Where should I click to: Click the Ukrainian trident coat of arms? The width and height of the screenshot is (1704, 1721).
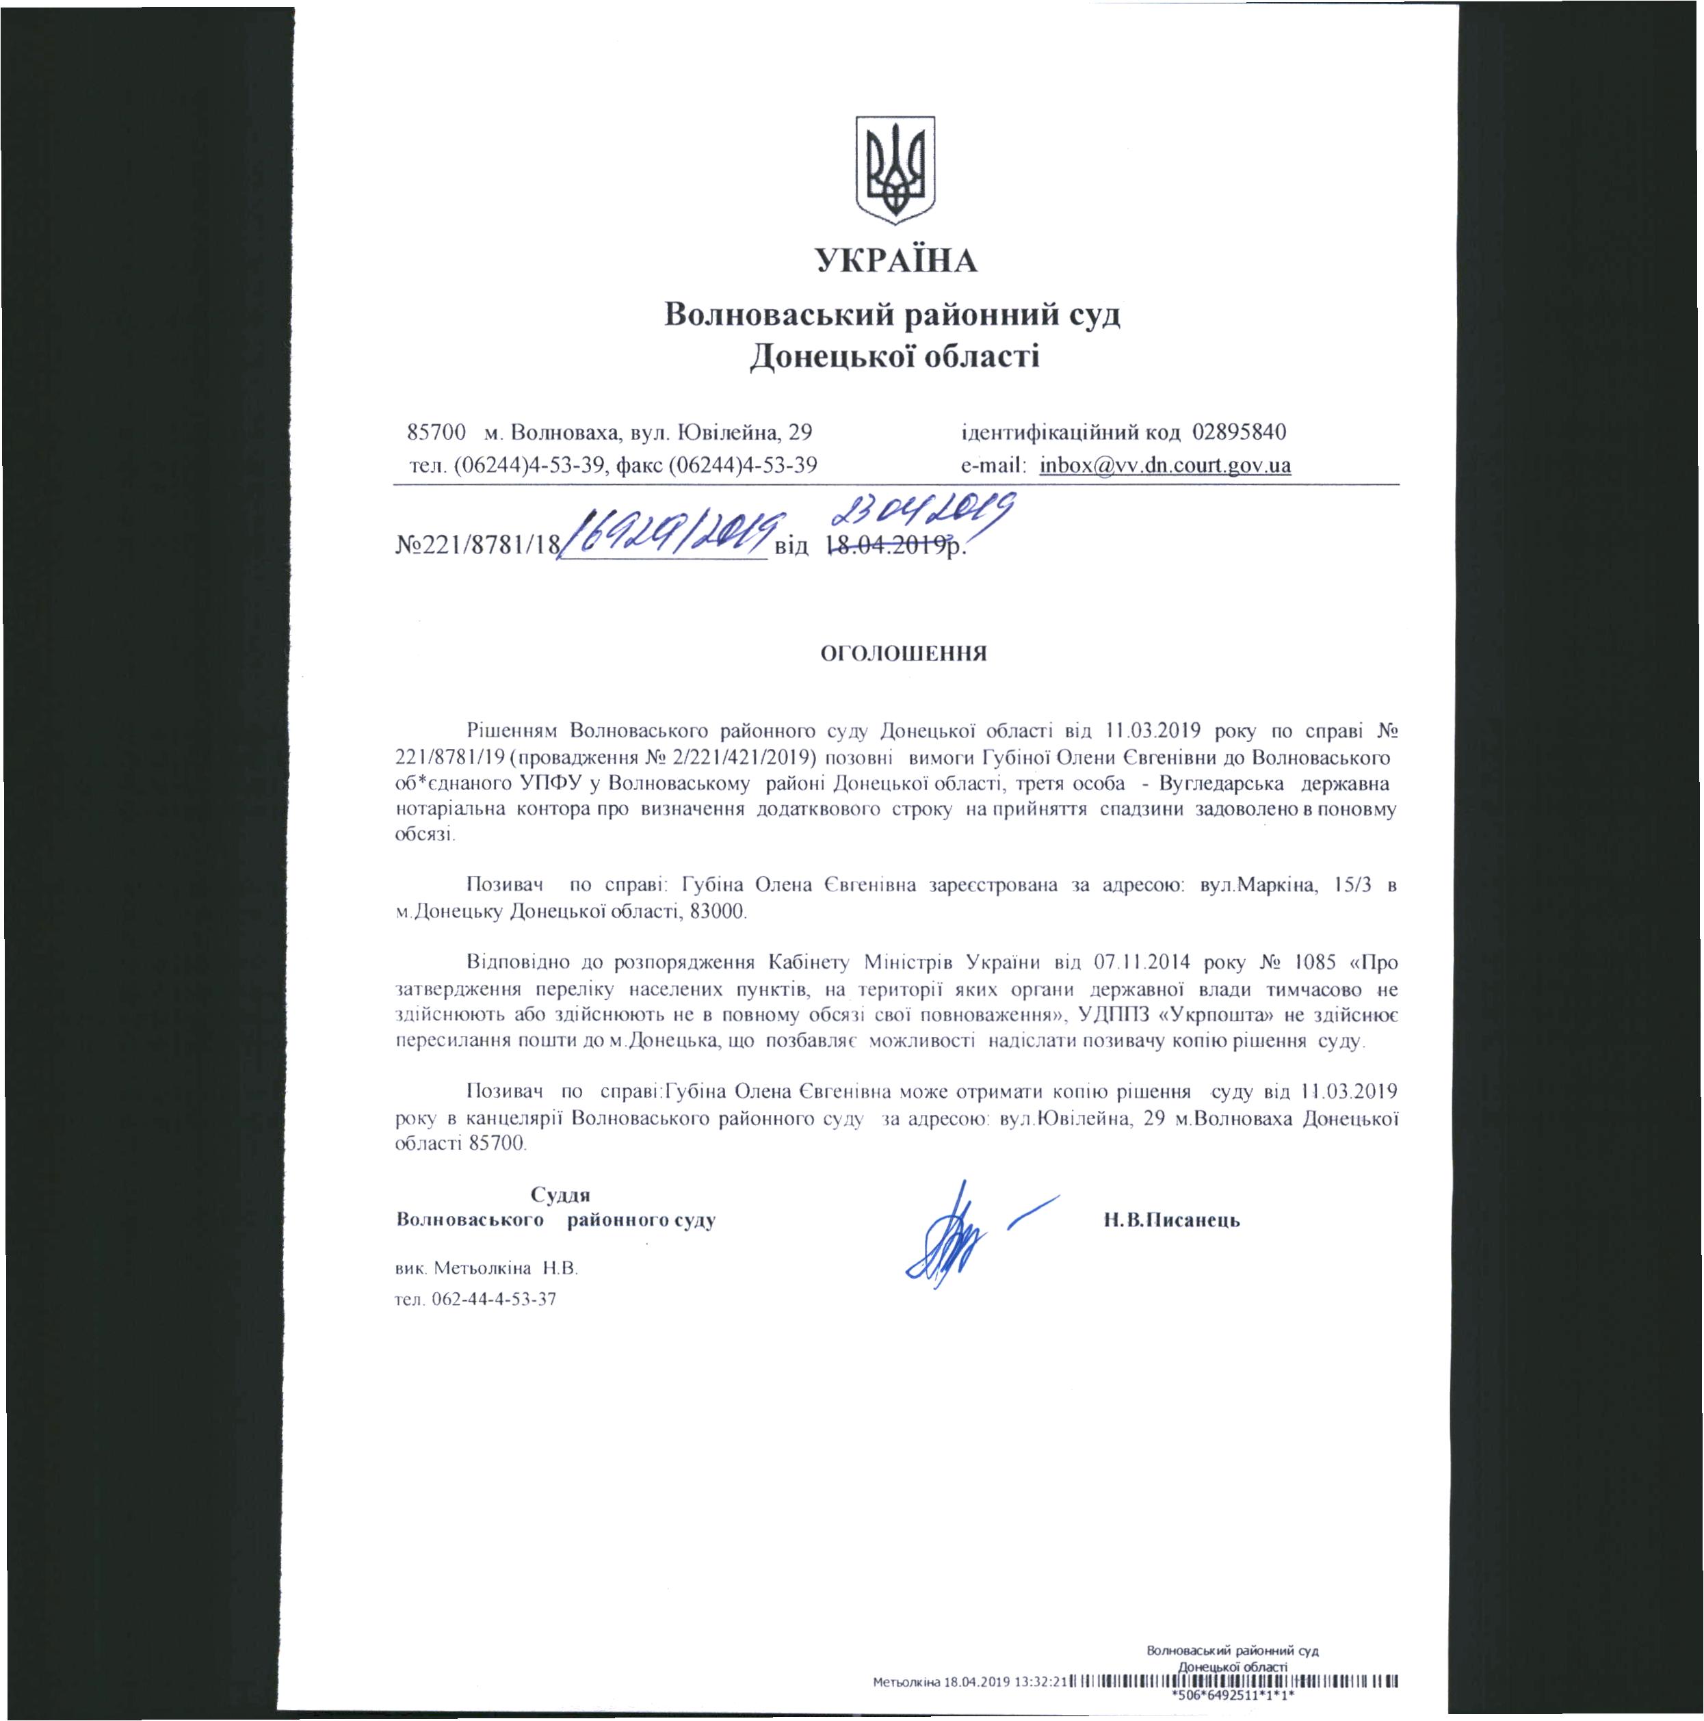pyautogui.click(x=895, y=169)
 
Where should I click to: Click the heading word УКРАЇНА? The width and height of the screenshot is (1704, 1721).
pyautogui.click(x=896, y=261)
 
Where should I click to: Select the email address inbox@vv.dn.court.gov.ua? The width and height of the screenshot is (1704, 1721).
pyautogui.click(x=1165, y=465)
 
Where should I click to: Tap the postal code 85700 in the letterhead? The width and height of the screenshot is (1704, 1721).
pyautogui.click(x=436, y=433)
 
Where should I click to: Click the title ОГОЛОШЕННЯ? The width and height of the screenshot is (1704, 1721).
pyautogui.click(x=903, y=654)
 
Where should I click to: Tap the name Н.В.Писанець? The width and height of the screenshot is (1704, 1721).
pyautogui.click(x=1171, y=1220)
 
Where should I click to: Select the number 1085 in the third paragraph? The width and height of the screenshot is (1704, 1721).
pyautogui.click(x=1315, y=963)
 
